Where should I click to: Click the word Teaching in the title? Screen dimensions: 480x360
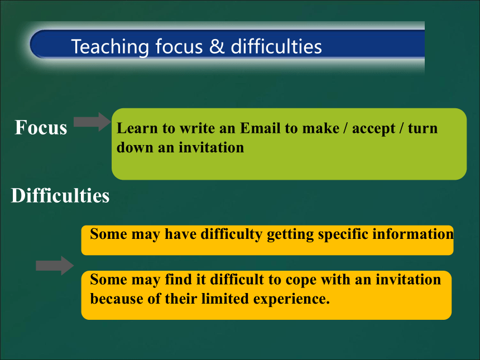click(110, 47)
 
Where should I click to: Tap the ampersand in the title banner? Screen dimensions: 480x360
click(217, 46)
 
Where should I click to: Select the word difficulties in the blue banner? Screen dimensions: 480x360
click(276, 46)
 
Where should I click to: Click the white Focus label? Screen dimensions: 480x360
click(41, 127)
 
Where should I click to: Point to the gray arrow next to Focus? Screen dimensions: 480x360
click(92, 122)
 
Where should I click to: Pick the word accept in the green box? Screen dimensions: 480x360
click(373, 129)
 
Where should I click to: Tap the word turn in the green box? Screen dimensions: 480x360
click(423, 128)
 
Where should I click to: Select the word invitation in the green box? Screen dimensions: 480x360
click(211, 147)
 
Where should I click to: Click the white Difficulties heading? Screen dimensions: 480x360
click(60, 195)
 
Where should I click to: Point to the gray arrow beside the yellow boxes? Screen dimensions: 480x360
click(55, 266)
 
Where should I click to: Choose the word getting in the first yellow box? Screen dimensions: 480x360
click(290, 235)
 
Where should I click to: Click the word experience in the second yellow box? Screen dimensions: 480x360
click(291, 299)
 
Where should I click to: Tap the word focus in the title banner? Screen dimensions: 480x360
click(179, 46)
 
